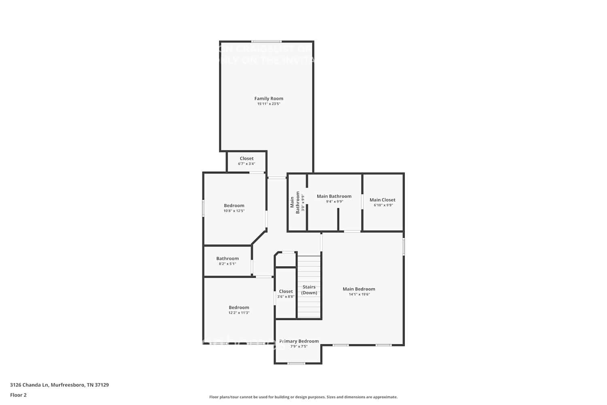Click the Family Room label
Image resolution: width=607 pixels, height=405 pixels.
pos(269,98)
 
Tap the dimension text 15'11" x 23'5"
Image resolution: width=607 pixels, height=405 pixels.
pos(269,104)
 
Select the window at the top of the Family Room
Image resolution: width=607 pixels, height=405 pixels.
pos(266,41)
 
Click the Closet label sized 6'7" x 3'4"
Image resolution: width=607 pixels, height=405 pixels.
pos(246,159)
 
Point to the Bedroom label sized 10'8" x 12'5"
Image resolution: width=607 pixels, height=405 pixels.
pos(234,206)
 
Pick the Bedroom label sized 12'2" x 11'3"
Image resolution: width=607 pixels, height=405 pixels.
pos(239,307)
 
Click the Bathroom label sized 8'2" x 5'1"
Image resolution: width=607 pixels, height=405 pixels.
pos(227,258)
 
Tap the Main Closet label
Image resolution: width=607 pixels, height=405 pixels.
pos(382,200)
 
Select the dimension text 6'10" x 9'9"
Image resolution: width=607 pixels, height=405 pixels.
pos(383,205)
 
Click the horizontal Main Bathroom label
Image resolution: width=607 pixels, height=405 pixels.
pos(334,196)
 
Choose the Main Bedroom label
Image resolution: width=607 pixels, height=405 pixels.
pos(359,289)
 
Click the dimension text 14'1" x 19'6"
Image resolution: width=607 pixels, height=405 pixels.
pos(359,294)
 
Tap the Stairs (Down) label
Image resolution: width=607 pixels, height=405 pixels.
pos(309,290)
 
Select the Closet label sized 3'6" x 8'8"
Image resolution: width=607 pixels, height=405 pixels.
pos(286,291)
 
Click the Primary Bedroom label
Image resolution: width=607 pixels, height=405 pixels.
pos(299,341)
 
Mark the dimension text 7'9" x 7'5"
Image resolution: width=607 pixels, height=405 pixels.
pos(299,347)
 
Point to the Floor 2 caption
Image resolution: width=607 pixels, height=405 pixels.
pos(18,395)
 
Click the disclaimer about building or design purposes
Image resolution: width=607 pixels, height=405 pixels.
pos(303,397)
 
